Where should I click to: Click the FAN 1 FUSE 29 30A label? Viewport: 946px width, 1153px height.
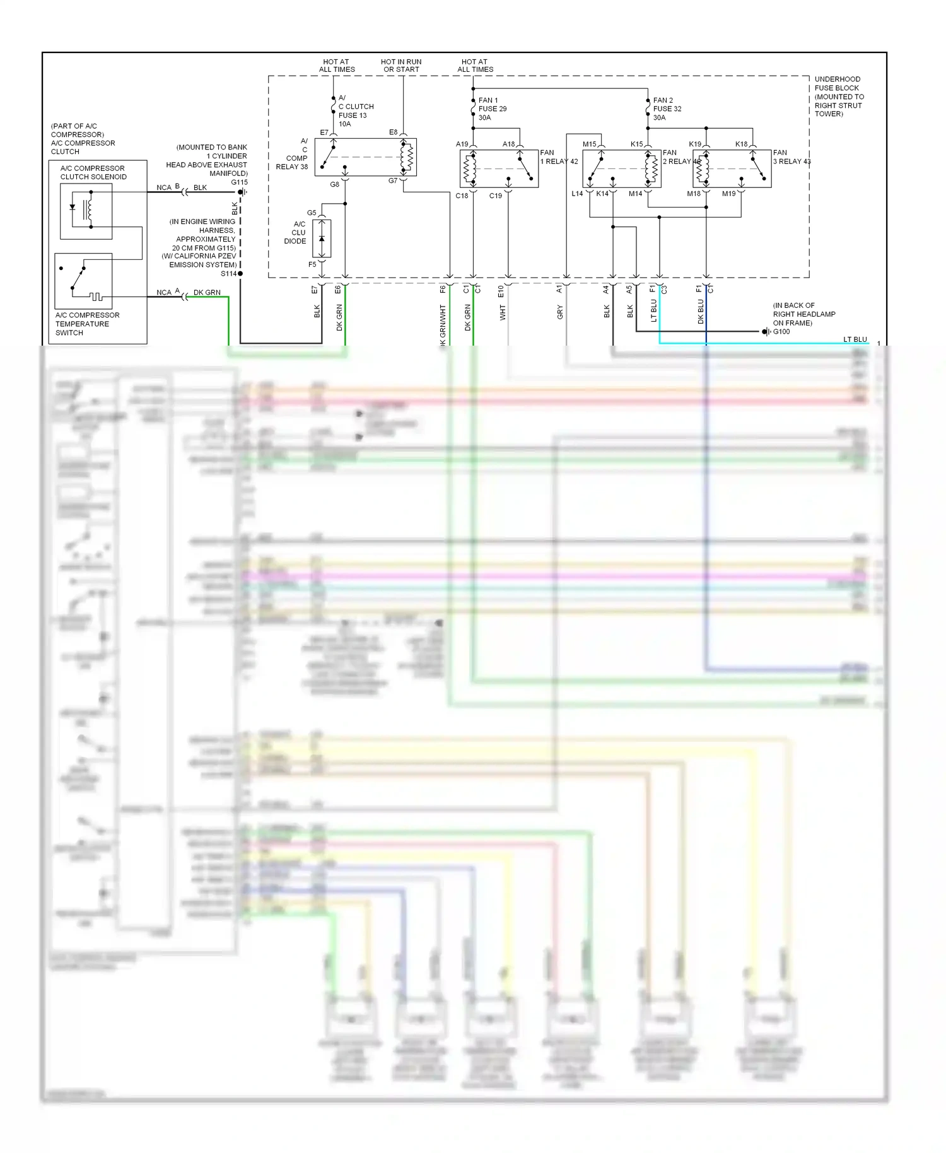[x=492, y=108]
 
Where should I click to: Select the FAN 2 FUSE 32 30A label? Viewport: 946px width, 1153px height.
[x=667, y=108]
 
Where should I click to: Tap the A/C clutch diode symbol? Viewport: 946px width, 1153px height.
[x=322, y=239]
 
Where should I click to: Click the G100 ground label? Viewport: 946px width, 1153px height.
[x=781, y=332]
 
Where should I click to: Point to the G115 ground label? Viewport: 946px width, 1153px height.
[x=240, y=182]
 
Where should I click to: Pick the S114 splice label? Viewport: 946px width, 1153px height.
[x=228, y=274]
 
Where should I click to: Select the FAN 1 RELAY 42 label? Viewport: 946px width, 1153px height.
[x=559, y=157]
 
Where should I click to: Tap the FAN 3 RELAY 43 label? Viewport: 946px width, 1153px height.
[x=791, y=157]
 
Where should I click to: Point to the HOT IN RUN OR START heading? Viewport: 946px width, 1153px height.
[x=401, y=66]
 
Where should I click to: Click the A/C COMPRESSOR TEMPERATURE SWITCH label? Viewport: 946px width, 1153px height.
[x=86, y=324]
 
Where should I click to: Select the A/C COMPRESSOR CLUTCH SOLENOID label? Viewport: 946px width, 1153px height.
[x=93, y=172]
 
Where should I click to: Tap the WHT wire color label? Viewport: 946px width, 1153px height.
[x=503, y=312]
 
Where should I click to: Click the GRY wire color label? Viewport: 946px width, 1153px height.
[x=560, y=312]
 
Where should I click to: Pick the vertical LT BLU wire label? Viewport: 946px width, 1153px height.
[x=654, y=310]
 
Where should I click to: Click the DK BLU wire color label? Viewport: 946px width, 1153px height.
[x=701, y=312]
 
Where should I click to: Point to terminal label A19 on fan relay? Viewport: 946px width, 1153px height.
[x=462, y=144]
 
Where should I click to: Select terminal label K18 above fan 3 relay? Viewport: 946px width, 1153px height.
[x=741, y=144]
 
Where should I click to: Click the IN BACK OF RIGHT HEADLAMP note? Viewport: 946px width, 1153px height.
[x=803, y=314]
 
